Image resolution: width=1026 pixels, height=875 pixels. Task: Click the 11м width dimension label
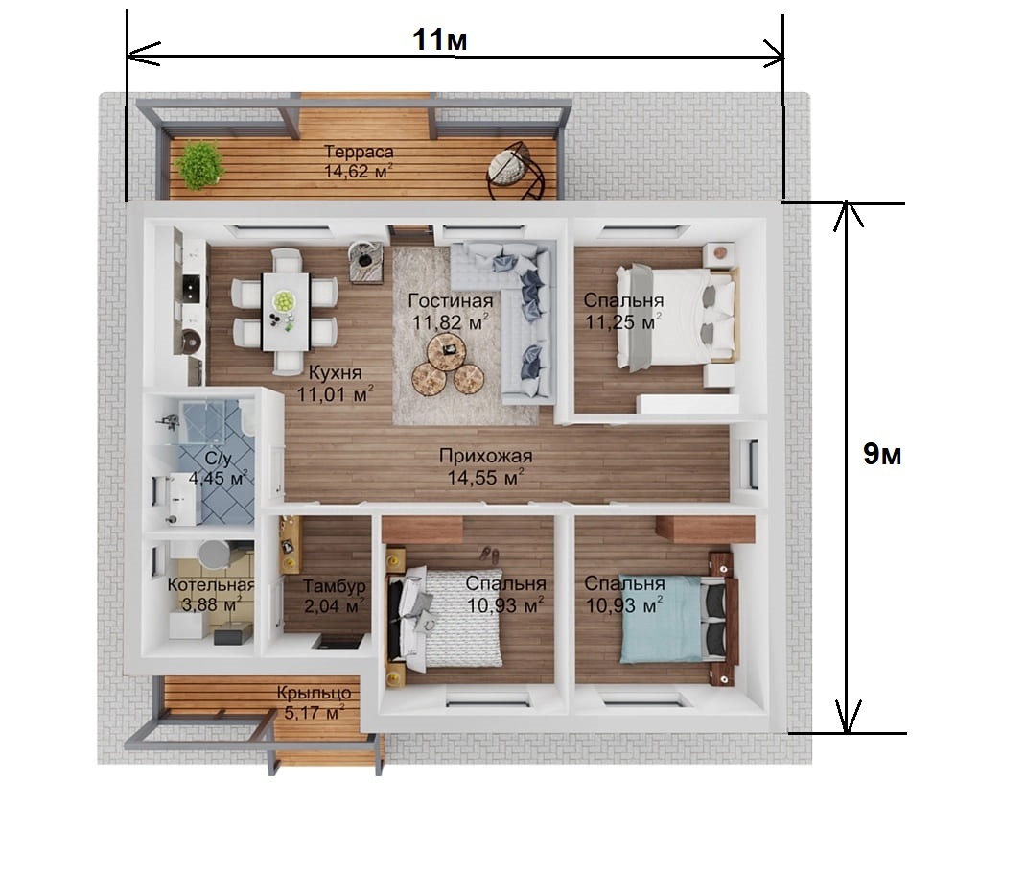click(440, 39)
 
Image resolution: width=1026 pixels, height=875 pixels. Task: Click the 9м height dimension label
click(882, 454)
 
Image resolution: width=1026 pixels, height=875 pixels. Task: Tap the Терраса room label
click(359, 152)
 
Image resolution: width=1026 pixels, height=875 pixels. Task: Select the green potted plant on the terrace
click(199, 166)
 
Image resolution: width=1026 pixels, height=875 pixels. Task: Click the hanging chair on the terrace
click(516, 171)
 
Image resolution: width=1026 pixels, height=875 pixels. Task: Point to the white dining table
click(286, 311)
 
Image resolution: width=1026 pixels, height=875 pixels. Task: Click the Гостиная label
click(450, 300)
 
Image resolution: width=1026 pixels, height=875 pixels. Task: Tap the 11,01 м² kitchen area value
click(335, 394)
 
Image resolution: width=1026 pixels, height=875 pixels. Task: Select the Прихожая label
click(485, 456)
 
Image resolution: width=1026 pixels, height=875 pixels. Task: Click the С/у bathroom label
click(218, 458)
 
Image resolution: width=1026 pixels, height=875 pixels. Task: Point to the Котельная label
click(211, 585)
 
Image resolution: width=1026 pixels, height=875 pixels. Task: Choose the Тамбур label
click(334, 585)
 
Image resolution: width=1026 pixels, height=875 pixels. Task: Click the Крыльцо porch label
click(314, 693)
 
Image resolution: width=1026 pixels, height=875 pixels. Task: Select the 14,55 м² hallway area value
click(485, 478)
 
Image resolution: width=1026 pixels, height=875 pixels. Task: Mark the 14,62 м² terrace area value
click(359, 172)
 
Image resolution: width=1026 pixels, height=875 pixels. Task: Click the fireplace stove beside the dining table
click(365, 262)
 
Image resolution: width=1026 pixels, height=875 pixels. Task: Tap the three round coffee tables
click(448, 367)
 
